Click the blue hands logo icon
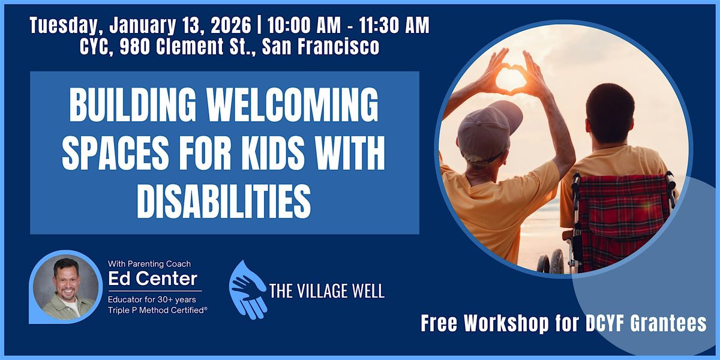tap(248, 289)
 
